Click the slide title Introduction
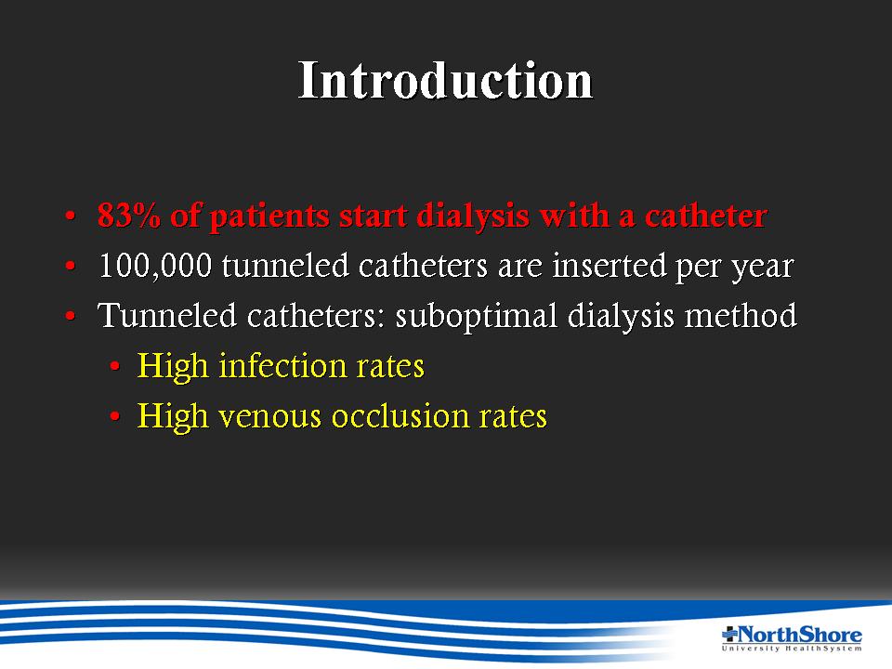click(x=445, y=80)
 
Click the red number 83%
click(x=129, y=215)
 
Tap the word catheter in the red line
click(x=705, y=215)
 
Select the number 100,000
click(x=155, y=266)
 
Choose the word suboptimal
click(x=476, y=316)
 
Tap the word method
click(x=741, y=315)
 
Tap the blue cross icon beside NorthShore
click(x=729, y=633)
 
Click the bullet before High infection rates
click(x=115, y=368)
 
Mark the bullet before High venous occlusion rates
click(x=115, y=417)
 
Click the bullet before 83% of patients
click(x=70, y=216)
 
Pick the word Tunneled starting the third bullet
click(x=166, y=315)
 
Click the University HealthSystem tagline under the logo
click(x=792, y=648)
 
